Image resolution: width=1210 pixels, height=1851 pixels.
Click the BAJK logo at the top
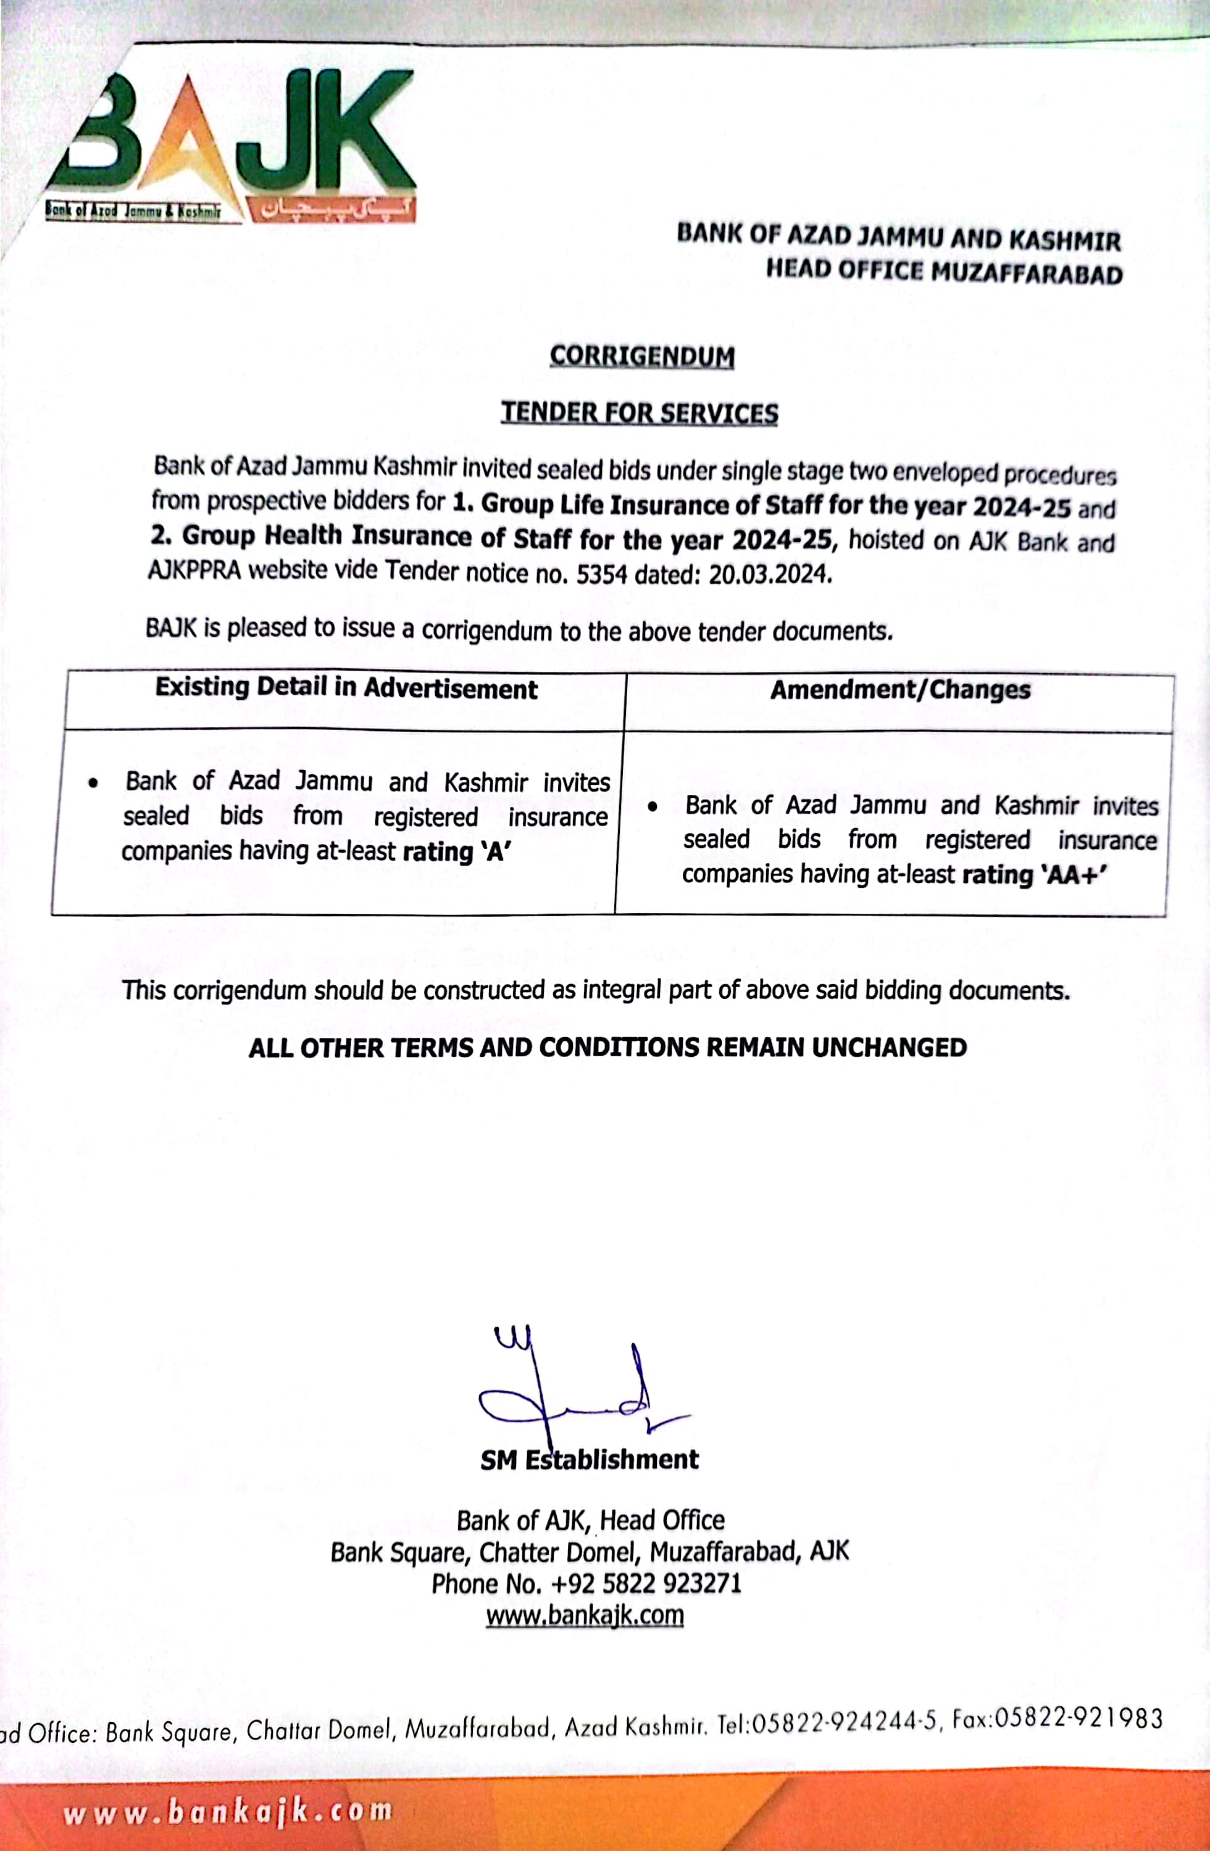click(x=233, y=144)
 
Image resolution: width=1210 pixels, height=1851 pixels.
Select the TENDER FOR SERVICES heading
click(x=639, y=413)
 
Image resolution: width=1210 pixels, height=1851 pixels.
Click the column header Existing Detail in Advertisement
click(x=346, y=689)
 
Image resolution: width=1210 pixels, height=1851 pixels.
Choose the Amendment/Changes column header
click(x=899, y=690)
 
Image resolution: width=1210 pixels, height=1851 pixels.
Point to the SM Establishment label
click(x=589, y=1459)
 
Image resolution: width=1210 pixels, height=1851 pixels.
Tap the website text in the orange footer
click(x=227, y=1812)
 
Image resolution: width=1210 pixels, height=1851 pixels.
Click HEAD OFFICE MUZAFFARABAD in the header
click(x=944, y=271)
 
